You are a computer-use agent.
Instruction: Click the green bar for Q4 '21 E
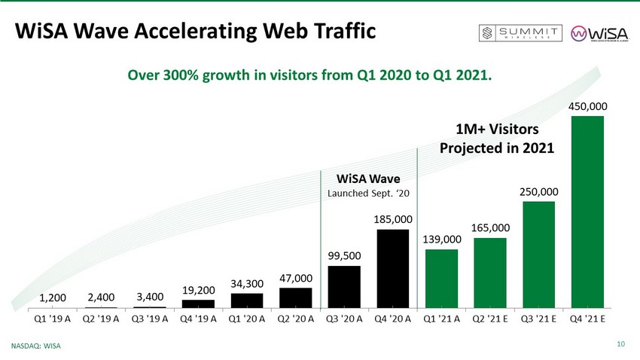click(x=587, y=212)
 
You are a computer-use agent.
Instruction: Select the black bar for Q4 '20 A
click(x=393, y=268)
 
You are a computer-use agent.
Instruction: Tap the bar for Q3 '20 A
click(x=344, y=287)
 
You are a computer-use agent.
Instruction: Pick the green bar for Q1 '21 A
click(x=441, y=278)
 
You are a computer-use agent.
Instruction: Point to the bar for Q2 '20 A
click(x=296, y=297)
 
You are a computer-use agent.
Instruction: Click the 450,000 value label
click(x=587, y=106)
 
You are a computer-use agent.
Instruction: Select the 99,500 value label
click(x=344, y=256)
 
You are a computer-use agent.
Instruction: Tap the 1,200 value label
click(x=52, y=299)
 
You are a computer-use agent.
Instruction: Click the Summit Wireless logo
click(x=521, y=33)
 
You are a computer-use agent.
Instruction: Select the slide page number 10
click(x=621, y=345)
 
